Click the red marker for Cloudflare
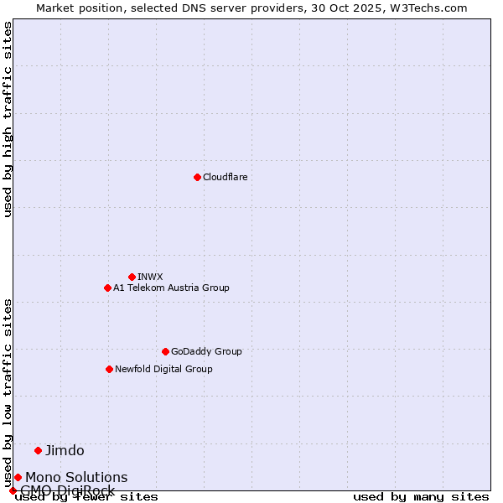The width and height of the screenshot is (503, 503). point(197,177)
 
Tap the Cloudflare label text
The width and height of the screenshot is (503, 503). point(225,177)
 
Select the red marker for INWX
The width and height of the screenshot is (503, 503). point(132,277)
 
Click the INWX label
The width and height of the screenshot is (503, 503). point(150,277)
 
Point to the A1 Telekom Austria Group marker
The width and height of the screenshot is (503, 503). point(107,288)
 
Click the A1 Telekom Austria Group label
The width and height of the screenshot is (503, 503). point(171,288)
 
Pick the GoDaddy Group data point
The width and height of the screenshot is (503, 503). point(165,351)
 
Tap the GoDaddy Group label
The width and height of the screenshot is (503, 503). point(206,351)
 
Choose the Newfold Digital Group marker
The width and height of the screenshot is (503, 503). point(109,369)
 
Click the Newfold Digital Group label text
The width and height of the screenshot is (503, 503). point(163,369)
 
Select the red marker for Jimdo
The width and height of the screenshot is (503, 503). point(38,450)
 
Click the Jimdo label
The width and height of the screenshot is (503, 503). point(65,450)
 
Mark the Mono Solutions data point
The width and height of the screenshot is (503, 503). point(18,477)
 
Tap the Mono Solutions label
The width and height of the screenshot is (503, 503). point(76,477)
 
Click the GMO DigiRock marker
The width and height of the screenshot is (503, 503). point(13,490)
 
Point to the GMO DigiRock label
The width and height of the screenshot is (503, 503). point(67,490)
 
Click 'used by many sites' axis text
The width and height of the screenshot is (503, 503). point(421,497)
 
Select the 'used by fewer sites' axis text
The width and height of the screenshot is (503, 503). point(86,497)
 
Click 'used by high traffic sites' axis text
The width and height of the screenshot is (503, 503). point(8,119)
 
